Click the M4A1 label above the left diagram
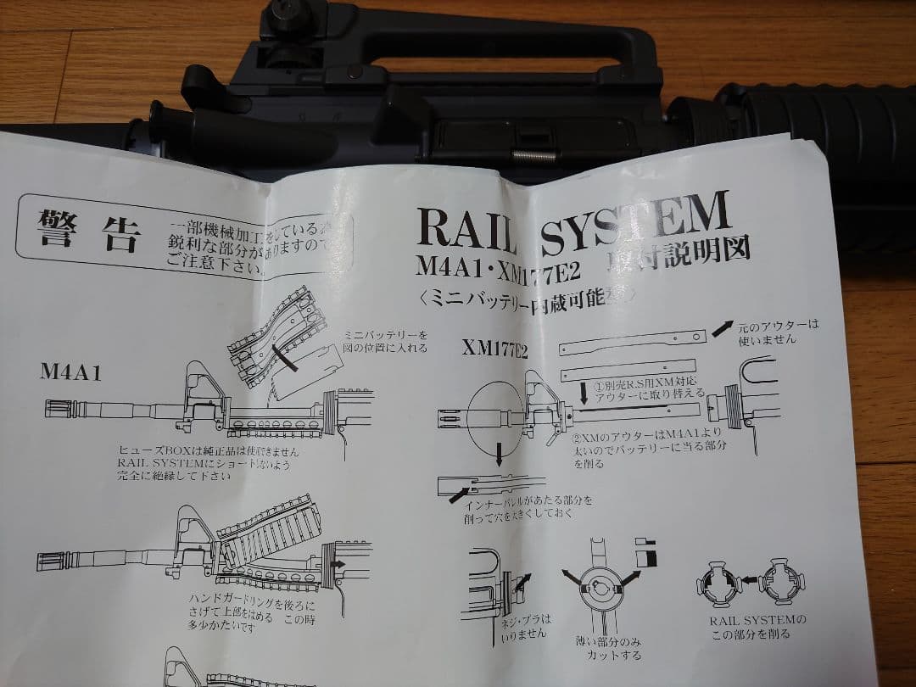click(x=71, y=371)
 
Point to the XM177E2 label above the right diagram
click(x=494, y=348)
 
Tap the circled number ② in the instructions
click(x=577, y=438)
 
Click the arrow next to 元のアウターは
click(x=723, y=327)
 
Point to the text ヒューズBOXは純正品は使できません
click(x=209, y=450)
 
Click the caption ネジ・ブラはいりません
click(x=527, y=626)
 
